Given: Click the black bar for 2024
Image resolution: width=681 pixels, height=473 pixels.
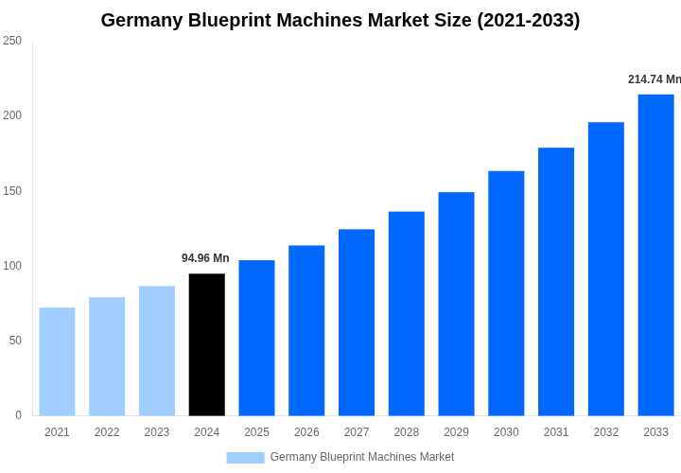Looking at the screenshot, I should tap(207, 344).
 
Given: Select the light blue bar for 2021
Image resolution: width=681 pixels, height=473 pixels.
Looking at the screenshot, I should tap(57, 361).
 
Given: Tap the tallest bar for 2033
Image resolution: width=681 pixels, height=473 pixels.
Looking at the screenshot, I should tap(655, 254).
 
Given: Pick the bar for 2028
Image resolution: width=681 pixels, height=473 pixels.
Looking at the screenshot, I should tap(406, 313).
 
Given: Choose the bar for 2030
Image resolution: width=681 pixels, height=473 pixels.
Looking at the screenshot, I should tap(506, 293).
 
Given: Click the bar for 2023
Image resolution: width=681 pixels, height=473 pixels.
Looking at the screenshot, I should tap(157, 351).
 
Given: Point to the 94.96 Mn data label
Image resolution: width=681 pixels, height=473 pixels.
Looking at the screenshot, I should tap(205, 258).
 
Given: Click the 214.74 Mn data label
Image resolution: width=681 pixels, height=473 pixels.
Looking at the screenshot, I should tap(654, 79).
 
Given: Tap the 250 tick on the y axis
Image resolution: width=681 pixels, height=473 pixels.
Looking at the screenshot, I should tap(12, 41).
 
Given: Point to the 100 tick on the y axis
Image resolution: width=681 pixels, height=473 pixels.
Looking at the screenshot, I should tap(12, 265).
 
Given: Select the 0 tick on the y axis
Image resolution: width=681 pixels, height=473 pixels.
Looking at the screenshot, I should tap(18, 414).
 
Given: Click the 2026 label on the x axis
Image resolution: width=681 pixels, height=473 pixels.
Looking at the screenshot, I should tap(306, 432).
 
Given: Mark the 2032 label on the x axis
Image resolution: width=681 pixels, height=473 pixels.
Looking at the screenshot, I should tap(605, 432).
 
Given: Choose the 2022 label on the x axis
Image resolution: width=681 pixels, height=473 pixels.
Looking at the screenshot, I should tap(107, 432).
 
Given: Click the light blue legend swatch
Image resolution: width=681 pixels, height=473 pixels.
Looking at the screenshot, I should tap(245, 458).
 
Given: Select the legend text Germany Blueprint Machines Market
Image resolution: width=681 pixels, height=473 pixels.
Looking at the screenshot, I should tap(361, 457).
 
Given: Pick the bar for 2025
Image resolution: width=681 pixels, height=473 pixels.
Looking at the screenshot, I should tap(256, 338).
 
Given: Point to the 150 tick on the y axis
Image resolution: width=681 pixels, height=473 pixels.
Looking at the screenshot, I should tap(12, 190).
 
